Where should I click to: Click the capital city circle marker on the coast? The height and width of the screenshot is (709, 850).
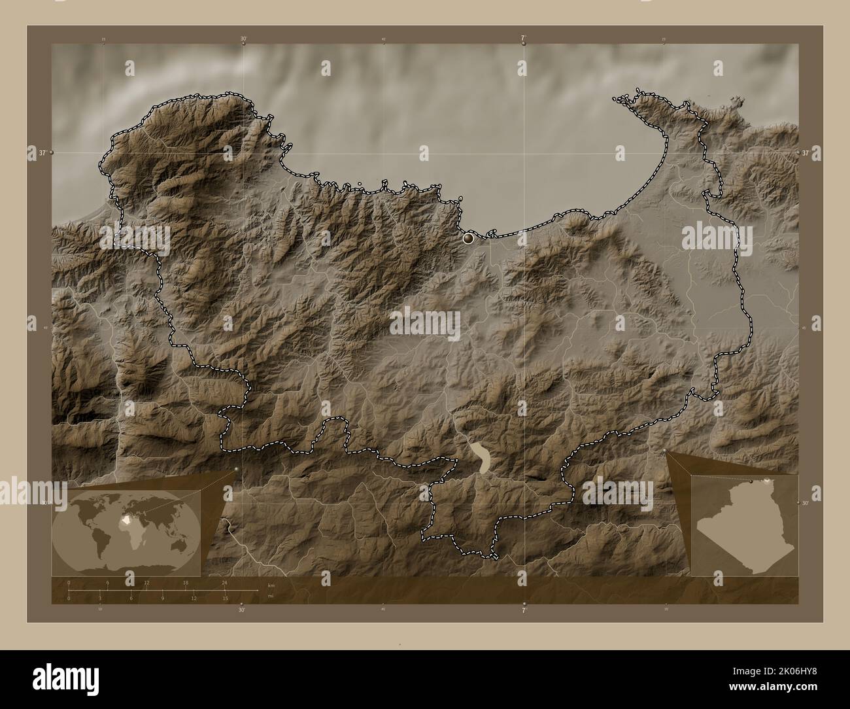click(468, 239)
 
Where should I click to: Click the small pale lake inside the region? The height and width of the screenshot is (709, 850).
click(482, 456)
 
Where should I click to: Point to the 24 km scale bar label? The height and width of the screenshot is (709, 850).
click(224, 582)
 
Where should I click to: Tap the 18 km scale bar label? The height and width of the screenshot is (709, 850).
click(186, 582)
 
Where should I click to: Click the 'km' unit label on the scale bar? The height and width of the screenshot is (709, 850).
click(270, 585)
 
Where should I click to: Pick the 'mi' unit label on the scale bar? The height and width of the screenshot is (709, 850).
click(270, 596)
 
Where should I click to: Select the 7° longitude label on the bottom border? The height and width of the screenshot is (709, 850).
click(524, 610)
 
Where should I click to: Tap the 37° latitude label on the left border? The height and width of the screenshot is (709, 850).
click(42, 153)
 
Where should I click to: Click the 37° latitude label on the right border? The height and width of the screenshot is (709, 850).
click(806, 152)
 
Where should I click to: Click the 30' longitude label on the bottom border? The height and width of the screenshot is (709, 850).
click(242, 610)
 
